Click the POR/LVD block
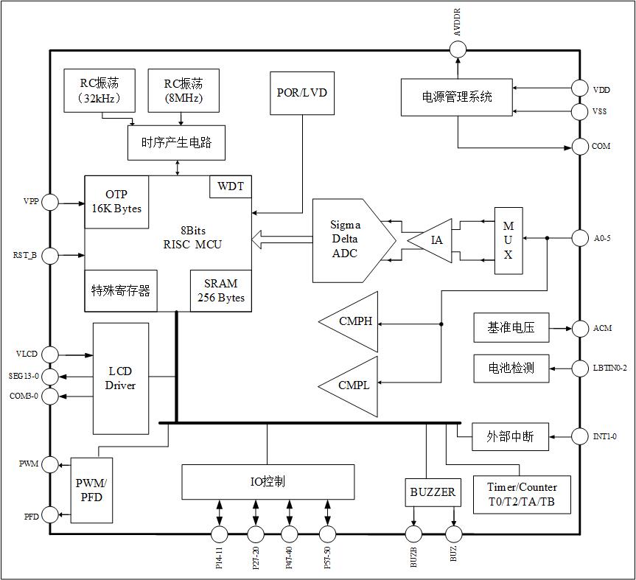tap(301, 93)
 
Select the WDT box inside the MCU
tap(231, 186)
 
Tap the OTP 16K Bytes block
tap(116, 201)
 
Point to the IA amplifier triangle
tap(433, 240)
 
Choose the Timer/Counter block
tap(522, 495)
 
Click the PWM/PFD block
tap(91, 490)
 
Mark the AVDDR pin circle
tap(458, 49)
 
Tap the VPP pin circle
tap(50, 201)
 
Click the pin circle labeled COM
tap(580, 146)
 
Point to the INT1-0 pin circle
tap(580, 436)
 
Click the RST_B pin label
tap(24, 256)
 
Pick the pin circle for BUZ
tap(454, 534)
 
